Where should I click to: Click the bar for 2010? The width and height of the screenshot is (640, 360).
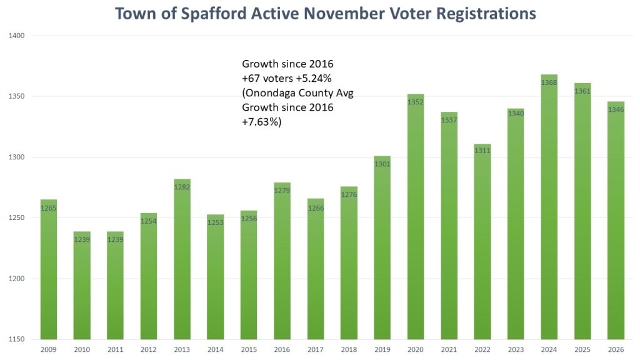[81, 287]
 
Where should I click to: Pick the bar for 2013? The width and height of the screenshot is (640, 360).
[181, 262]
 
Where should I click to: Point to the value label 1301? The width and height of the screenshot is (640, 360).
[382, 164]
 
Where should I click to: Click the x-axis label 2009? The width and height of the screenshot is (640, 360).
[48, 350]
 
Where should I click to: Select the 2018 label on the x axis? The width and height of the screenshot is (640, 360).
[349, 350]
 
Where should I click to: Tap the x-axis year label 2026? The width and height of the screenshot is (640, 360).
[616, 350]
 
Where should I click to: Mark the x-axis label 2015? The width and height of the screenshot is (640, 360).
[248, 350]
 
